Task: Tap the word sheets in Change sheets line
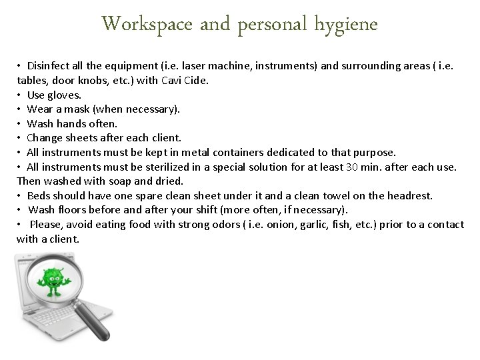pos(83,138)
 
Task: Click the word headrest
pos(410,195)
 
